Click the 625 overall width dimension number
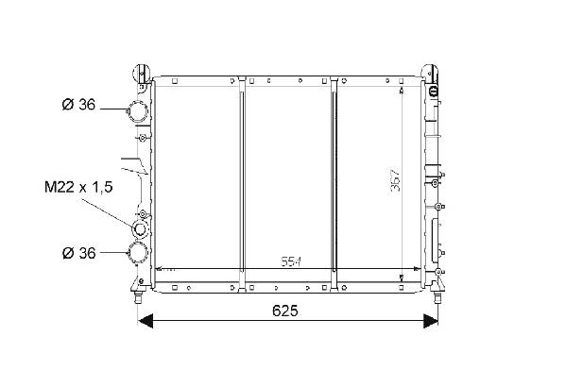(285, 311)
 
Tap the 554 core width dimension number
(291, 261)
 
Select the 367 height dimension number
(396, 179)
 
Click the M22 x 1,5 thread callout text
(78, 187)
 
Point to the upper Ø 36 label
(78, 105)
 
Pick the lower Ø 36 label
(78, 253)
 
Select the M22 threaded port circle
(140, 229)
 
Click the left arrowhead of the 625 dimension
(146, 321)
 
